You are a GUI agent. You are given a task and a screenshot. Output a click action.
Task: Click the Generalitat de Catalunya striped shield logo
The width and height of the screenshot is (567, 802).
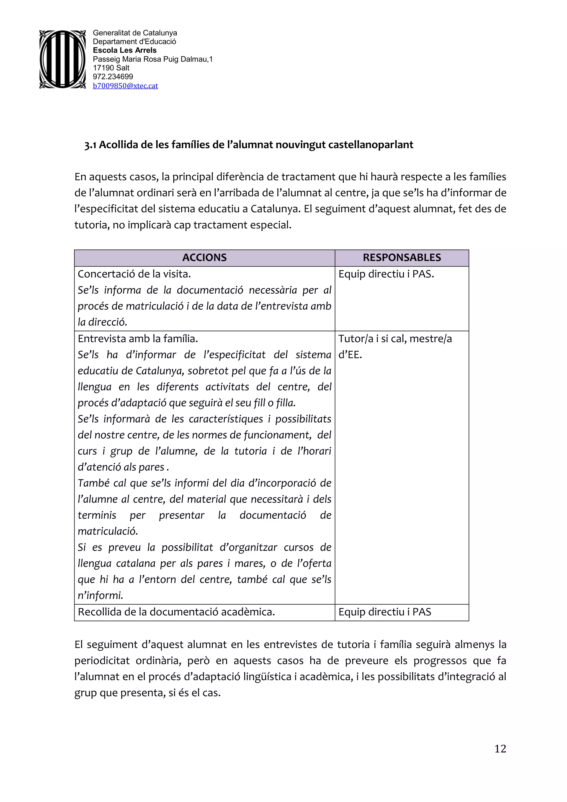point(62,59)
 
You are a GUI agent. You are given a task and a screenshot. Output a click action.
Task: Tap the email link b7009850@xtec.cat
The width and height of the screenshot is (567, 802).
point(125,86)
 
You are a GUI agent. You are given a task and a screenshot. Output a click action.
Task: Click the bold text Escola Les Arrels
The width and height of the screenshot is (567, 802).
point(124,50)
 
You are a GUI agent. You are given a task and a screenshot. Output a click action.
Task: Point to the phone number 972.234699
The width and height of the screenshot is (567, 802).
point(113,76)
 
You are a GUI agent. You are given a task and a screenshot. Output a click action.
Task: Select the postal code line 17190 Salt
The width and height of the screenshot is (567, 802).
point(111,68)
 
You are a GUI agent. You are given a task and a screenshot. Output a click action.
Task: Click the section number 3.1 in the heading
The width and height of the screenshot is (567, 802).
point(90,145)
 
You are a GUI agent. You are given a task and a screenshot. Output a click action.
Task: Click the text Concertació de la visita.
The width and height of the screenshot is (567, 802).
point(134,274)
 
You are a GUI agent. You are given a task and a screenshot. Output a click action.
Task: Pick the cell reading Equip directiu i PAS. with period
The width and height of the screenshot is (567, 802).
point(386,274)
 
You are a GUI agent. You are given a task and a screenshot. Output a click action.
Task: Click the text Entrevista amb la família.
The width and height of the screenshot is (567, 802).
point(138,339)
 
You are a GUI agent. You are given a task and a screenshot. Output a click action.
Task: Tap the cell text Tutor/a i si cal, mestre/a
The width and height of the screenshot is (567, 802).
point(395,339)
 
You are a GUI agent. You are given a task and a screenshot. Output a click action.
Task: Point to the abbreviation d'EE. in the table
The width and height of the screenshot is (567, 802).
point(350,355)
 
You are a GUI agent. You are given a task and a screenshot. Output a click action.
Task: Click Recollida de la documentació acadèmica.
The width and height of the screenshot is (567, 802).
point(176,612)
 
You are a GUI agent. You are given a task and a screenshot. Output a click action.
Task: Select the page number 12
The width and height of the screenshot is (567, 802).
point(500,749)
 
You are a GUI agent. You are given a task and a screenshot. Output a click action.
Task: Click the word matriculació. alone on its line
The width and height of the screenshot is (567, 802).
point(108,531)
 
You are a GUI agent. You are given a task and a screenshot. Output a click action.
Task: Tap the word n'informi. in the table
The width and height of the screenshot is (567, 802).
point(100,596)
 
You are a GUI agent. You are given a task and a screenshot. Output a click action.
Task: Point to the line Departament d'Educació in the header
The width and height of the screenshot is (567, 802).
point(134,42)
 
